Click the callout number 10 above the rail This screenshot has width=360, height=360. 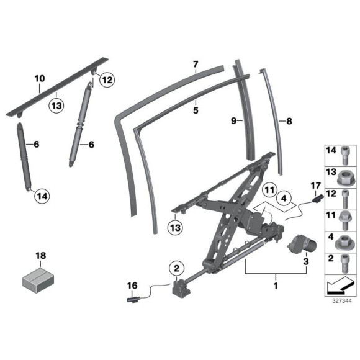[40, 79]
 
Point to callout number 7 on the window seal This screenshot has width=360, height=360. [194, 64]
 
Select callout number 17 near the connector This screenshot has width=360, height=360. [315, 184]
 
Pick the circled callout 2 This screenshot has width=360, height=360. [176, 268]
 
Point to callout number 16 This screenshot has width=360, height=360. [132, 286]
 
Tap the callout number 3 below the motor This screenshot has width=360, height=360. [305, 263]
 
